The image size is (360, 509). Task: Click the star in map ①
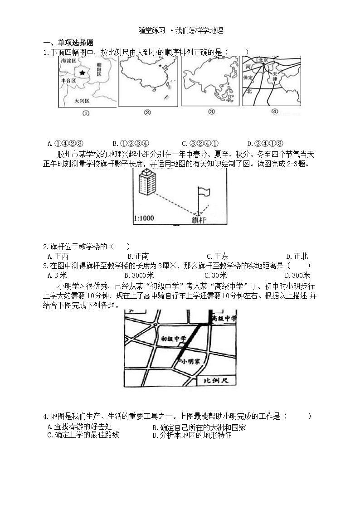click(82, 73)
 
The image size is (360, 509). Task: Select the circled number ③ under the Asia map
click(211, 112)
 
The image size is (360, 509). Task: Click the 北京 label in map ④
click(263, 60)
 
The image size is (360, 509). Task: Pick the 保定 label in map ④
click(248, 78)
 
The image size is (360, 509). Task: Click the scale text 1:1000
click(144, 218)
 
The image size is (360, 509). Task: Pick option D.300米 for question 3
click(297, 275)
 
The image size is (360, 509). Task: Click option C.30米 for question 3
click(216, 275)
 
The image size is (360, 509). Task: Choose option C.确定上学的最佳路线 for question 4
click(83, 435)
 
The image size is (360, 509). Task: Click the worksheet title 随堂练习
click(152, 31)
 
